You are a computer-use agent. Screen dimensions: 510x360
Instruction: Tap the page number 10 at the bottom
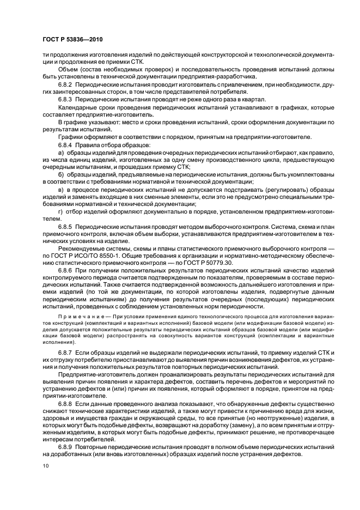pyautogui.click(x=45, y=466)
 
